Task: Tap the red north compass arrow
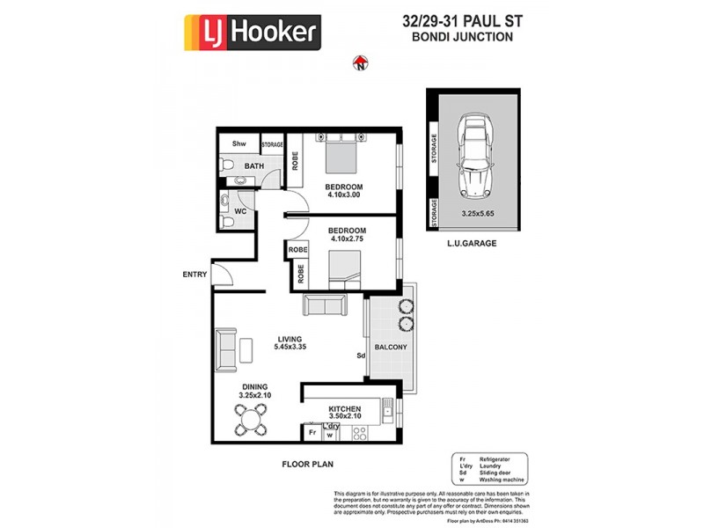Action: point(359,62)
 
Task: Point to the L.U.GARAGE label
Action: point(472,242)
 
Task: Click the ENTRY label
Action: point(194,275)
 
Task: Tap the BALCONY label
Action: point(391,348)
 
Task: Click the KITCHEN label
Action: point(345,409)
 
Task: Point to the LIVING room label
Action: point(290,339)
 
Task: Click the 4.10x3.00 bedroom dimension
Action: point(344,196)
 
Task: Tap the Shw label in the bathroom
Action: point(238,143)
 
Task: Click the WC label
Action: point(239,211)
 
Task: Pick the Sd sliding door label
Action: point(361,356)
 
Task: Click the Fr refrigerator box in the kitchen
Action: point(312,433)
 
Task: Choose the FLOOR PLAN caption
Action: point(307,464)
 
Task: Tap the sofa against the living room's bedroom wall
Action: point(325,305)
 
